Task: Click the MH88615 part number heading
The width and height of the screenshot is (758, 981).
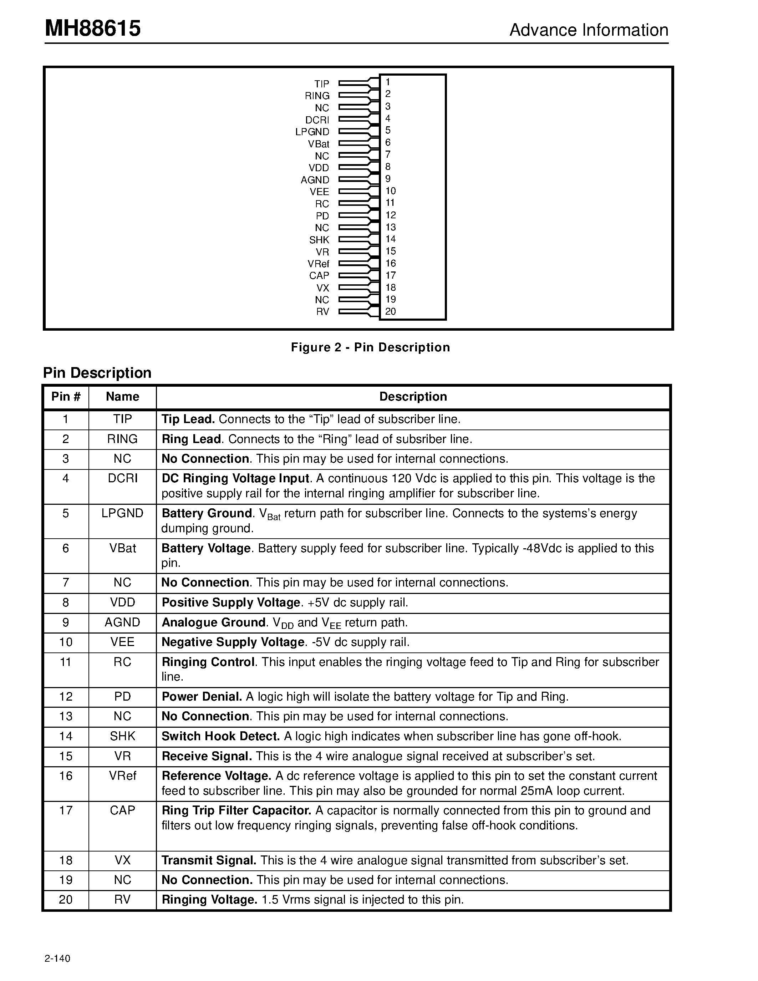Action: (x=92, y=29)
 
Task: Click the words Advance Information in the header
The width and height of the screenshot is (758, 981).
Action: (x=588, y=30)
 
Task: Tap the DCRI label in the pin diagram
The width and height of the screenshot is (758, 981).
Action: (x=317, y=120)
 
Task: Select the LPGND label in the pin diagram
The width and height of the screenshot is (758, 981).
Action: (x=312, y=132)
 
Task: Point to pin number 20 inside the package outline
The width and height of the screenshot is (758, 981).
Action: (x=390, y=311)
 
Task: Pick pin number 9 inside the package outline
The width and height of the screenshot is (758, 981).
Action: (x=388, y=179)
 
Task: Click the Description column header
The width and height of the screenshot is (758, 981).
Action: (x=413, y=397)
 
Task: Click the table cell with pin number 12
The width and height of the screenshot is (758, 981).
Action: (x=66, y=696)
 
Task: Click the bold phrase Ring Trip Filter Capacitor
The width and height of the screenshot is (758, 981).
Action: (x=236, y=810)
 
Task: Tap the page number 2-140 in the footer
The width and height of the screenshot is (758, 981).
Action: (x=57, y=959)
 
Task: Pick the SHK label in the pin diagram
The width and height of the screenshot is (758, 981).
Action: (x=319, y=240)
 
